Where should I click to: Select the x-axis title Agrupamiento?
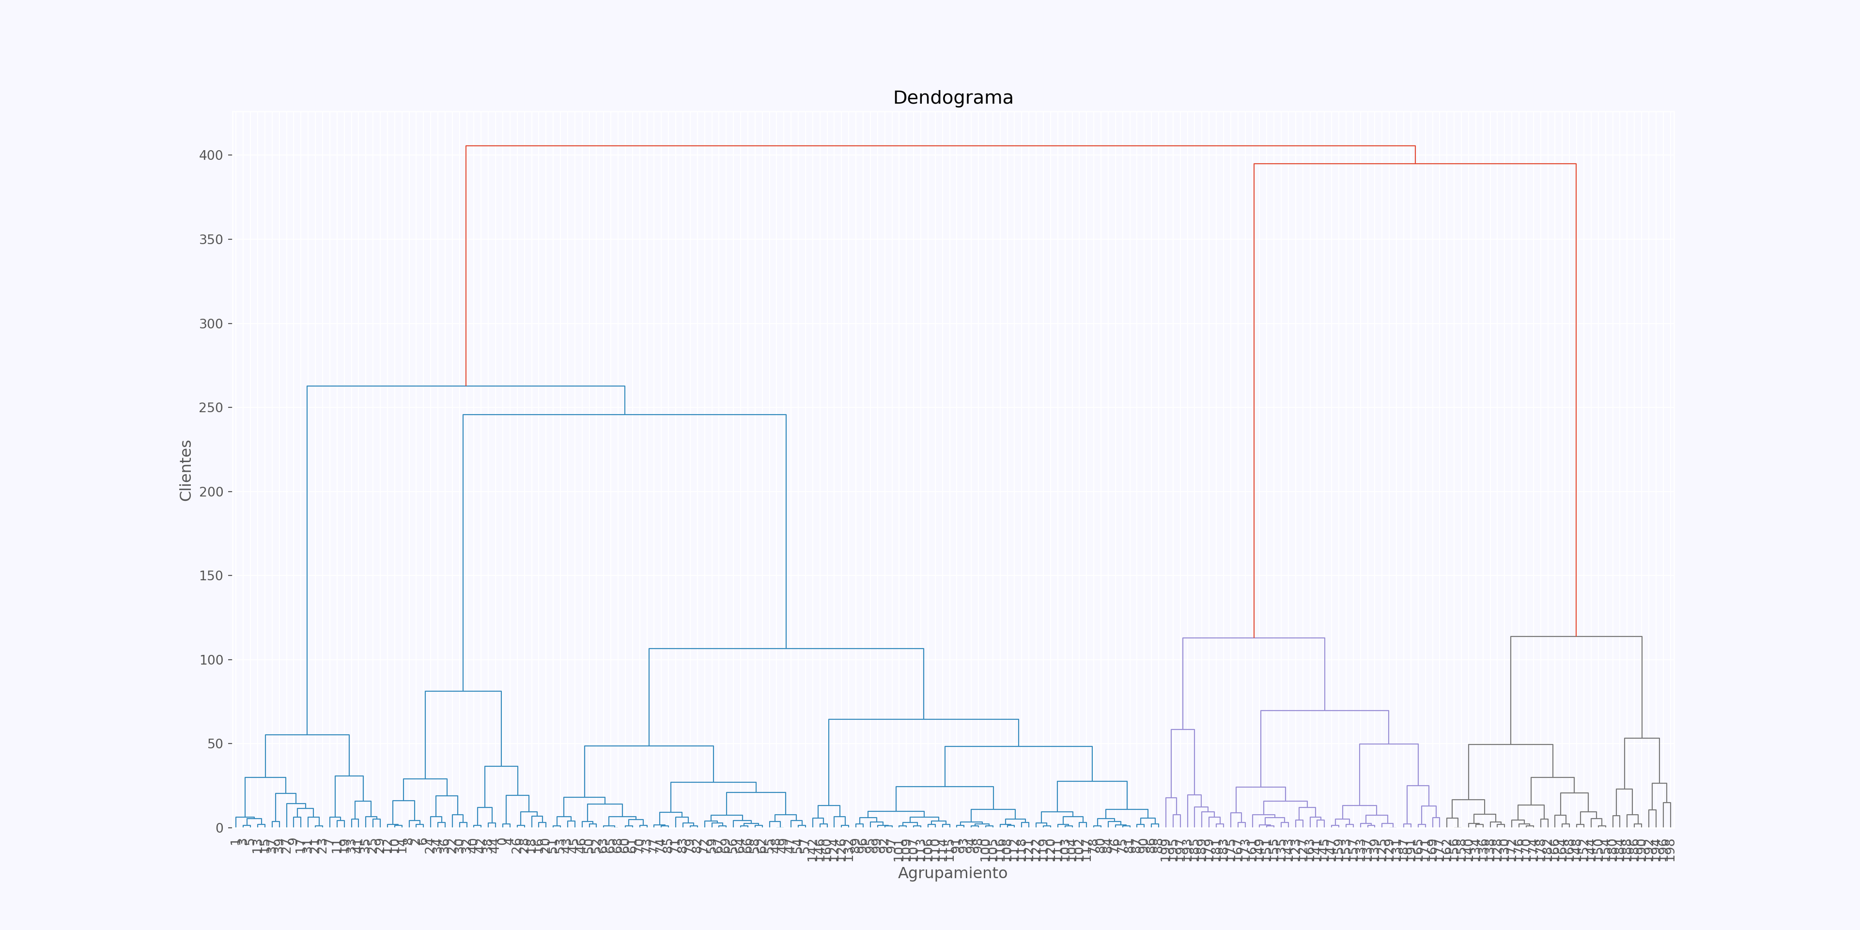pyautogui.click(x=952, y=873)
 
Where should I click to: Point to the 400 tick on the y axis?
pyautogui.click(x=211, y=155)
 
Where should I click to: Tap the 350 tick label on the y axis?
pyautogui.click(x=211, y=240)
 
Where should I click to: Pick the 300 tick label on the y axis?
pyautogui.click(x=211, y=324)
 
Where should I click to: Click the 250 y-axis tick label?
pyautogui.click(x=211, y=408)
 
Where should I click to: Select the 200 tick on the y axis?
pyautogui.click(x=211, y=492)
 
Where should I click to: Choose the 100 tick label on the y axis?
pyautogui.click(x=211, y=660)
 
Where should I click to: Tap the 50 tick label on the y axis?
pyautogui.click(x=215, y=744)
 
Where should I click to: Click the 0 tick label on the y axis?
pyautogui.click(x=219, y=828)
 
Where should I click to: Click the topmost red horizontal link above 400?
pyautogui.click(x=939, y=146)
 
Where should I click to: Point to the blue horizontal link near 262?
pyautogui.click(x=465, y=387)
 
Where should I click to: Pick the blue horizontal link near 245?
pyautogui.click(x=624, y=415)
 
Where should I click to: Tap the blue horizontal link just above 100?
pyautogui.click(x=786, y=649)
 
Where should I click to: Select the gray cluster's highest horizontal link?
pyautogui.click(x=1576, y=637)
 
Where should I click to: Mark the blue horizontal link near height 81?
pyautogui.click(x=463, y=692)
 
